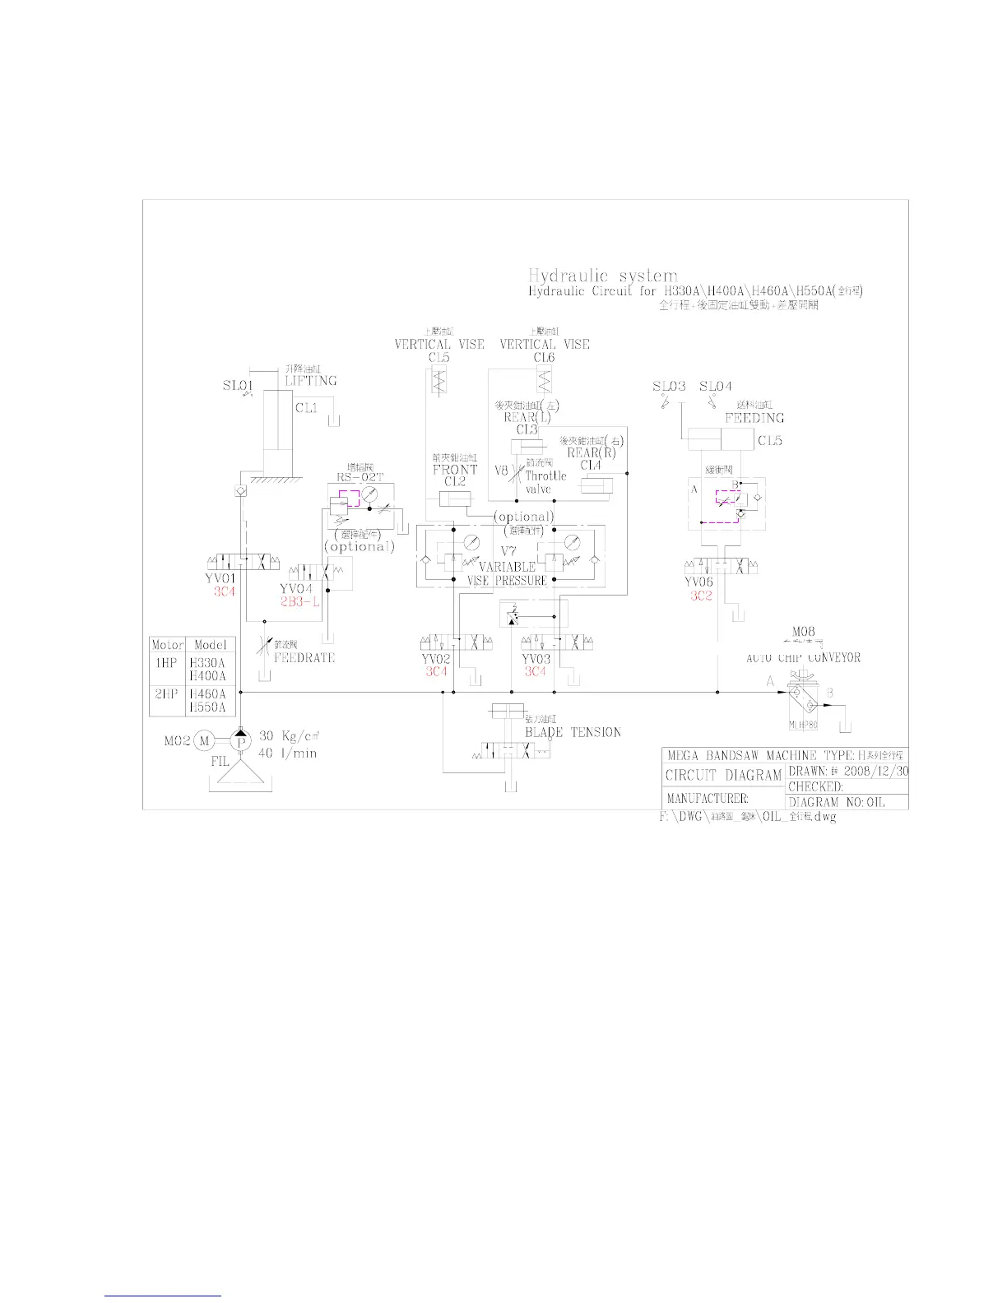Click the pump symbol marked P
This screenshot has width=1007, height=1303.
coord(241,741)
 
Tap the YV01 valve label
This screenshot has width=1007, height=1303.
coord(220,578)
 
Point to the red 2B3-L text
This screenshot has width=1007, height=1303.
coord(299,602)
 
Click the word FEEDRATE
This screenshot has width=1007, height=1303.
coord(304,658)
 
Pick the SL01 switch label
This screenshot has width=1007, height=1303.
coord(237,385)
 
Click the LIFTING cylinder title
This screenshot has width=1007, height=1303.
coord(311,381)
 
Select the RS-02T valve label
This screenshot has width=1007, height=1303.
coord(360,477)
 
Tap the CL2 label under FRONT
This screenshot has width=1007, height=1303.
coord(455,481)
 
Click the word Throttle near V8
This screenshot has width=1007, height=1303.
coord(546,475)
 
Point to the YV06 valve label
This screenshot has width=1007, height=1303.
coord(699,582)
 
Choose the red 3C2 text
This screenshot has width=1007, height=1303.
coord(701,596)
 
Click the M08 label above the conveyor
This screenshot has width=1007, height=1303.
coord(803,632)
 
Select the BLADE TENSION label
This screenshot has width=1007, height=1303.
coord(573,732)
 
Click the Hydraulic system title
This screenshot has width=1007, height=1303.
coord(603,276)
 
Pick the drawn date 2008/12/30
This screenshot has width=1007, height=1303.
coord(876,772)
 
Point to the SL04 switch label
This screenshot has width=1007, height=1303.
coord(715,386)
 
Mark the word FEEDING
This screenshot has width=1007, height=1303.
coord(754,418)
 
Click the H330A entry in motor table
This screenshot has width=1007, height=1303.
coord(207,663)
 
